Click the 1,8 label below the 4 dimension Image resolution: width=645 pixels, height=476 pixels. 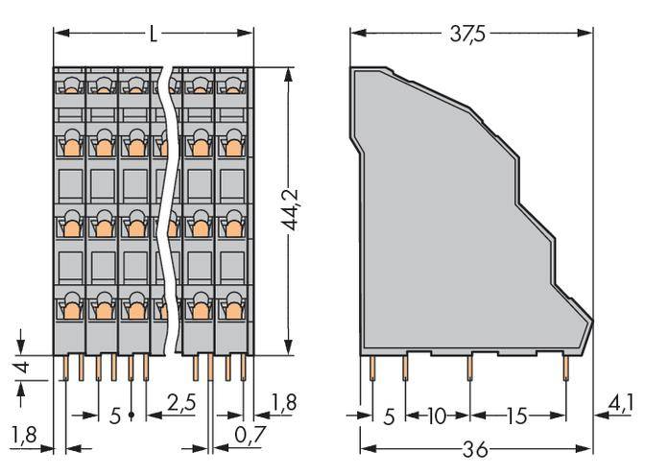[25, 439]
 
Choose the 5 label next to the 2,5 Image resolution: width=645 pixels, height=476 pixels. [115, 415]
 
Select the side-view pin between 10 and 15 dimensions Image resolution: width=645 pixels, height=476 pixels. [469, 368]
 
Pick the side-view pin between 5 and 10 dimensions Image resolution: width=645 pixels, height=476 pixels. [405, 368]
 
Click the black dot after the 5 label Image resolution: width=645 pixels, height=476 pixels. [131, 416]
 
